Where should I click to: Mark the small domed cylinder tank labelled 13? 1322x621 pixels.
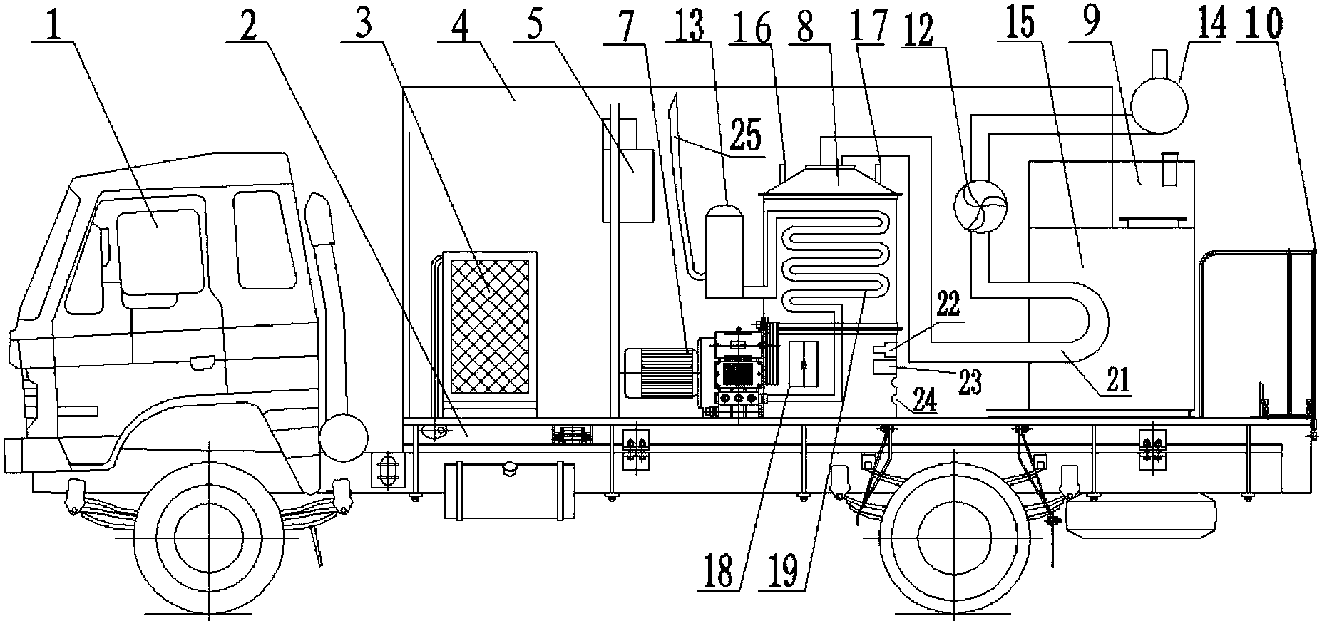[724, 251]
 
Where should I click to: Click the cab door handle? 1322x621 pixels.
[202, 362]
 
